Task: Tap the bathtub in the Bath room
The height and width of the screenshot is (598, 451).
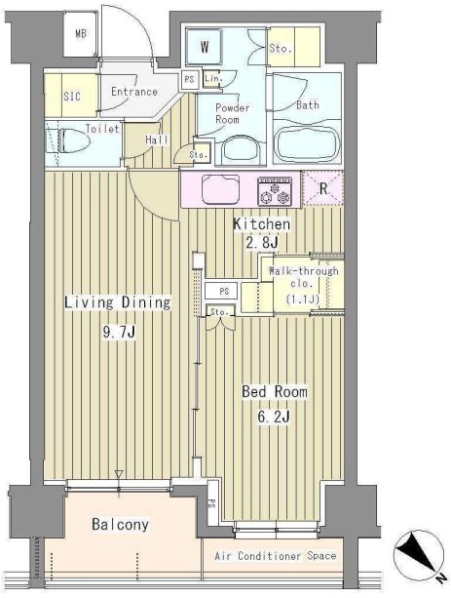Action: [x=308, y=143]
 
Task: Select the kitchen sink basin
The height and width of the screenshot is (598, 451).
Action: [x=220, y=189]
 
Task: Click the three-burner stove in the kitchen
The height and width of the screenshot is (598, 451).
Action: [x=275, y=191]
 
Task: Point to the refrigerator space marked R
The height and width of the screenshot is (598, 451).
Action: [x=323, y=188]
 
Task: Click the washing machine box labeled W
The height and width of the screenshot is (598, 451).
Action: [x=205, y=47]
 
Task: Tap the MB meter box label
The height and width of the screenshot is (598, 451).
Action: [x=81, y=33]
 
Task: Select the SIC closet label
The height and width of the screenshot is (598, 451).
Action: [x=72, y=96]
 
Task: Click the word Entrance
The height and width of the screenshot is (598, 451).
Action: [x=134, y=92]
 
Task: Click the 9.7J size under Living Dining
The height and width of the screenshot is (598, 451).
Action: [x=119, y=332]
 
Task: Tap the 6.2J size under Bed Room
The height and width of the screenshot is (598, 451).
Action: [x=274, y=417]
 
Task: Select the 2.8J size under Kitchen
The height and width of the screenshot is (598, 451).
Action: [x=262, y=242]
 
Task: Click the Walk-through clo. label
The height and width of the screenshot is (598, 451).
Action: [x=304, y=277]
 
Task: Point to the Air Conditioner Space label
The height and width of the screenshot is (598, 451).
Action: [x=276, y=556]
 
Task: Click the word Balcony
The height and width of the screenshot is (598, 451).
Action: [x=120, y=525]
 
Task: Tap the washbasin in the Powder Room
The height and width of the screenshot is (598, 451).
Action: [x=241, y=149]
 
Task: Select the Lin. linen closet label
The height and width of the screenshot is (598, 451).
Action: [x=213, y=78]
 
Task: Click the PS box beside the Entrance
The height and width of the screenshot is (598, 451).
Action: [x=189, y=80]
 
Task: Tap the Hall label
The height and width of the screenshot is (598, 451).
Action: [x=157, y=140]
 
